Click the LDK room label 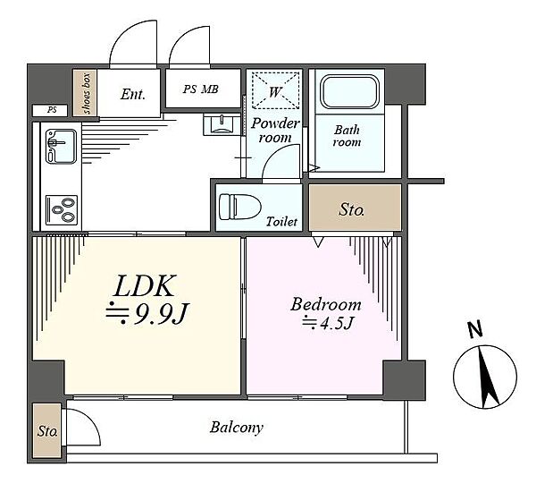tap(145, 285)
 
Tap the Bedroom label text tap(326, 304)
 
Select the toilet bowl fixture tap(239, 207)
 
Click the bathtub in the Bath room tap(349, 92)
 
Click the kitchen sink tap(61, 146)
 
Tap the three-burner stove tap(62, 210)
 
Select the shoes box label tap(86, 93)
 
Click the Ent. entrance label tap(132, 94)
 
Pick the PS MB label tap(201, 89)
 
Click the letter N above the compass tap(475, 330)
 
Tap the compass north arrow tap(488, 377)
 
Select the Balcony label tap(237, 428)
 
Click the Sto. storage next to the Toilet tap(355, 208)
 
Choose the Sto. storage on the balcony tap(47, 430)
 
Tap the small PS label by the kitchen tap(52, 110)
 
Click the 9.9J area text tap(147, 314)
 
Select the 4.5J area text tap(327, 323)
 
